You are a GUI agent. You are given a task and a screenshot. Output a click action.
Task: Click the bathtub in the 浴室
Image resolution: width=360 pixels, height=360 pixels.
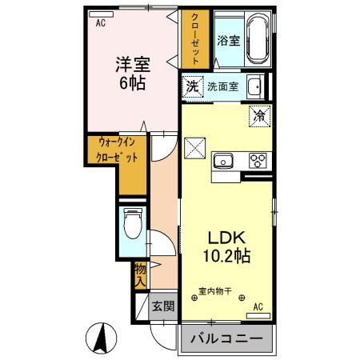coord(258,40)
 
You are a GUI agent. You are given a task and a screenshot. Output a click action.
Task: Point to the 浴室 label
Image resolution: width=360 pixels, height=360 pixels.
coord(227,41)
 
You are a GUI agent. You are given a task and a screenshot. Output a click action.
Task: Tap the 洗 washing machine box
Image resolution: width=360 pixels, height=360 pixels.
coord(192,85)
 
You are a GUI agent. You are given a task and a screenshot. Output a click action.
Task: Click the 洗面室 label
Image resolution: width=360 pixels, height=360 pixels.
coord(223,86)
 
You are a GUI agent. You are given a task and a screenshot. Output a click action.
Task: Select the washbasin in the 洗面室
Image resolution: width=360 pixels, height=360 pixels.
coord(255,86)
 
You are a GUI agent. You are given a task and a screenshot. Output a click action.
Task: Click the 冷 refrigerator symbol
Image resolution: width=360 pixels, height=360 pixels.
coord(260,114)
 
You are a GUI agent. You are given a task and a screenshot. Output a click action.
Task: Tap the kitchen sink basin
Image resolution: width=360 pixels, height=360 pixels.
coord(223,159)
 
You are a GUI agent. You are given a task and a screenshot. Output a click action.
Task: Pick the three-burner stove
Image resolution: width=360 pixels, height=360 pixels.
coord(258,159)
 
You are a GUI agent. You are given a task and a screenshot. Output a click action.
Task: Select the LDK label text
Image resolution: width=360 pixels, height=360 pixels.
coord(230,238)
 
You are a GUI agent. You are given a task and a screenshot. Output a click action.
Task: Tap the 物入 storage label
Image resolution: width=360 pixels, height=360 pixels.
coord(141,274)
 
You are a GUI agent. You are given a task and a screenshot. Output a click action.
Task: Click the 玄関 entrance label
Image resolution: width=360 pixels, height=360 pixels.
coord(164,306)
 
